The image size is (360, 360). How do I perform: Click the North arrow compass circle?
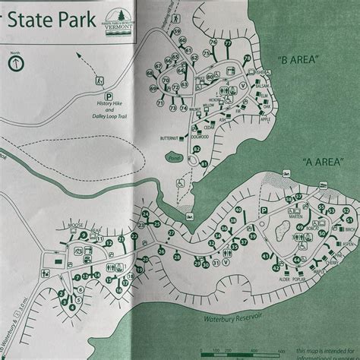pyautogui.click(x=15, y=64)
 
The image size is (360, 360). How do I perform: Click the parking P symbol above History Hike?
pyautogui.click(x=109, y=96)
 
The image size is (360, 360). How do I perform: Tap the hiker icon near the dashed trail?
pyautogui.click(x=98, y=80)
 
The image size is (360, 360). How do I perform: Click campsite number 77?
pyautogui.click(x=227, y=44)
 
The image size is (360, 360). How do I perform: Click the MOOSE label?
pyautogui.click(x=74, y=226)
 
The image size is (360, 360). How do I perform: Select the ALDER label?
pyautogui.click(x=284, y=279)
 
